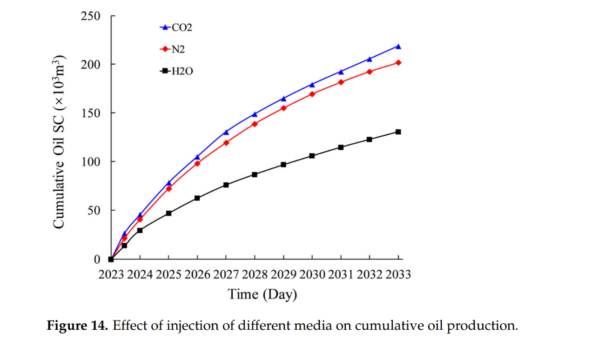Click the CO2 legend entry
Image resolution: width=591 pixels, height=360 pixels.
[176, 27]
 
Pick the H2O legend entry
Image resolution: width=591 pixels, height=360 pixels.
[176, 71]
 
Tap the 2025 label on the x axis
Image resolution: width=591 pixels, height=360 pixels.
[168, 274]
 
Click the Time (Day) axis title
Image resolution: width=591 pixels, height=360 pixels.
[262, 294]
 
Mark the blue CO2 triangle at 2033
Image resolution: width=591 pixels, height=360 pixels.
[398, 47]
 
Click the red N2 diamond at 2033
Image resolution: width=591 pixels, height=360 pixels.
[398, 62]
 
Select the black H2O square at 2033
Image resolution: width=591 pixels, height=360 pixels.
[398, 132]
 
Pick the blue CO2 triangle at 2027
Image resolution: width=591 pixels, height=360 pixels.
[226, 132]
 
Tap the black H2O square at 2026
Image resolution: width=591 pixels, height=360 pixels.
[197, 198]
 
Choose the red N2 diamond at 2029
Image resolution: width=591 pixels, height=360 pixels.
[283, 108]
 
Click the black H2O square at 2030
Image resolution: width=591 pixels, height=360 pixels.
[312, 156]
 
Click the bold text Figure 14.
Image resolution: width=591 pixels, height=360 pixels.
[77, 326]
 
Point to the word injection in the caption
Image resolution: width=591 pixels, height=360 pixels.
[170, 326]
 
